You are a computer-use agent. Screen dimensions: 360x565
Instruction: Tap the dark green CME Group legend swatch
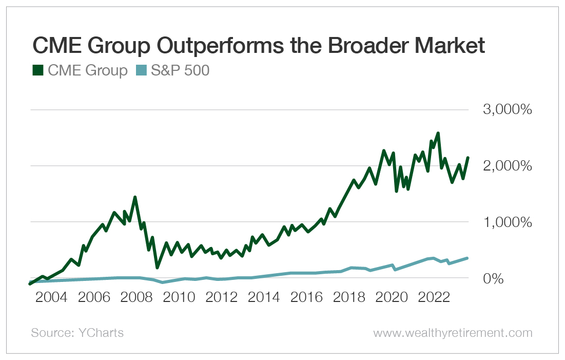(37, 70)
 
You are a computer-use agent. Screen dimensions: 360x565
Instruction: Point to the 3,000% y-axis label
(505, 110)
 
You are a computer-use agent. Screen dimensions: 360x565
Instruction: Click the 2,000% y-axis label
(505, 166)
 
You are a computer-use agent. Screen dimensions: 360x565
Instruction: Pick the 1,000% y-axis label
(505, 222)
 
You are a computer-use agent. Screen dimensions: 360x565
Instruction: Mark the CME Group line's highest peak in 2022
(438, 133)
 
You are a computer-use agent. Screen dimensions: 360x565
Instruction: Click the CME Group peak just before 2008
(134, 197)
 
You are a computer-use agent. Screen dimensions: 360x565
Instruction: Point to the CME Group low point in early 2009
(157, 267)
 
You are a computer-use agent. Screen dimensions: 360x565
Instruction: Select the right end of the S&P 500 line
(467, 258)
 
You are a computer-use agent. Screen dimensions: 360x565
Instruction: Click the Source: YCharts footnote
(77, 333)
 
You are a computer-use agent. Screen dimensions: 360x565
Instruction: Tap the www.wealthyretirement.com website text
(453, 333)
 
